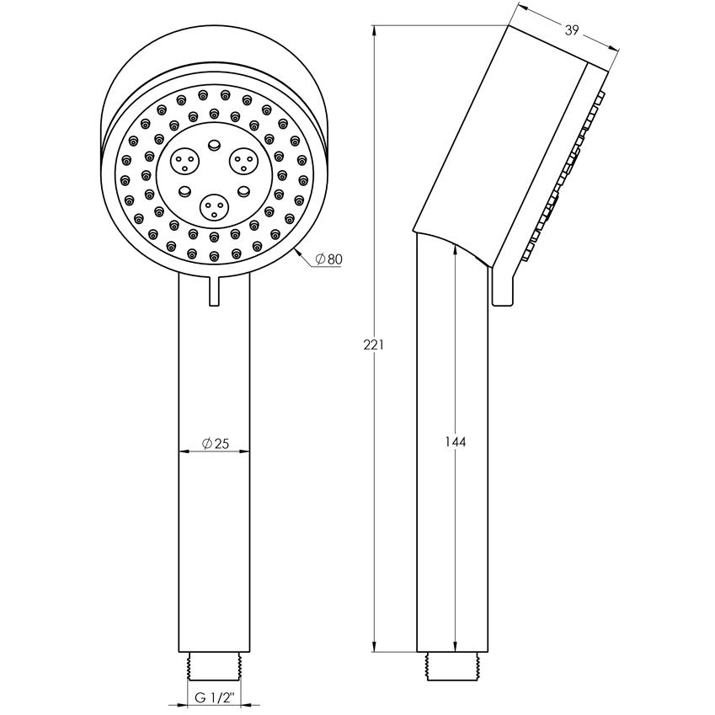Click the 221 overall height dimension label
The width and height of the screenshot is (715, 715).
click(x=373, y=345)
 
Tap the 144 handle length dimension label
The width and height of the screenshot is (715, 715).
click(x=456, y=442)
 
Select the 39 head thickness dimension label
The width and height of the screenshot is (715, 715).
click(x=572, y=30)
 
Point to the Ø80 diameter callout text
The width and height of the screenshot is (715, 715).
click(x=328, y=259)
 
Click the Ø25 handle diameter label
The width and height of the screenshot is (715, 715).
click(x=216, y=443)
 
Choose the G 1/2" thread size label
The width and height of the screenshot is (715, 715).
click(x=214, y=697)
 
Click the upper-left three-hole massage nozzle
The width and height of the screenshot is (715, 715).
click(x=184, y=162)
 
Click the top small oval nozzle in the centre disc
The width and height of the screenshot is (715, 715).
click(x=213, y=145)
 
